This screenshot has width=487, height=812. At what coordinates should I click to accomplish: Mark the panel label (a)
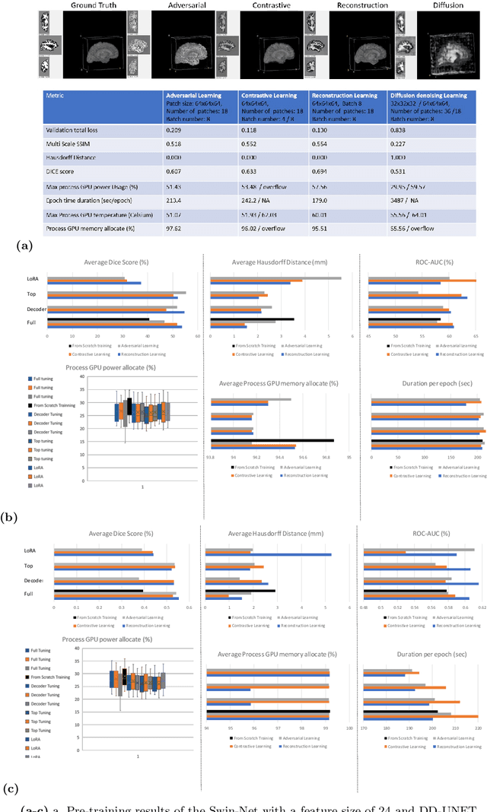[23, 246]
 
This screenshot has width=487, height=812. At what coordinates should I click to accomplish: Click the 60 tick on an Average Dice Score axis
[197, 335]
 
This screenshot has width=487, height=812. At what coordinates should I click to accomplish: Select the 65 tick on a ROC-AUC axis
[476, 335]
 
